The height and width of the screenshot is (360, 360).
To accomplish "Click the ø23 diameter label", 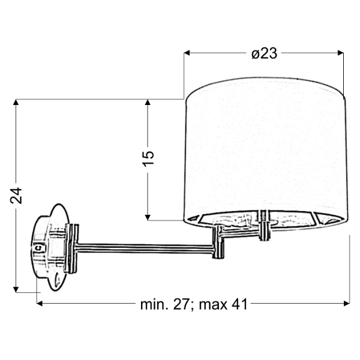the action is click(x=264, y=54).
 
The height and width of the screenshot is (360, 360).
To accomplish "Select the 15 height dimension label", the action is click(x=148, y=158).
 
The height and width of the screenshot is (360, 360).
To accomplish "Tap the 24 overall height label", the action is click(x=16, y=196).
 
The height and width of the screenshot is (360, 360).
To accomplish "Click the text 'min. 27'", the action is click(x=164, y=305).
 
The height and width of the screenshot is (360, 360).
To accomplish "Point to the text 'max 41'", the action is click(x=223, y=305).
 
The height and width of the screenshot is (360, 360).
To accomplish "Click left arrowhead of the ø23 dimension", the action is click(x=187, y=53).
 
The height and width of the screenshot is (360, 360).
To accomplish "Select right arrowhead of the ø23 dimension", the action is click(x=341, y=53).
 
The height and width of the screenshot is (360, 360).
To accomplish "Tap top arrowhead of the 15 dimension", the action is click(x=148, y=102).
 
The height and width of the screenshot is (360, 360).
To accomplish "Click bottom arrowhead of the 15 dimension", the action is click(x=148, y=217).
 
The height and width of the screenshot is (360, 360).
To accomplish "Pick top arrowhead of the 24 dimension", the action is click(x=16, y=102).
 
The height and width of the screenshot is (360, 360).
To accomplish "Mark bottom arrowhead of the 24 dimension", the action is click(x=16, y=290).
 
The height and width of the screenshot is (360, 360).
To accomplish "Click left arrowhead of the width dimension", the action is click(x=40, y=304).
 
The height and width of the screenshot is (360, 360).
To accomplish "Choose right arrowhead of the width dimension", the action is click(x=347, y=304).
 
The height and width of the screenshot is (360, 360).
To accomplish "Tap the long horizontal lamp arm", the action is click(x=145, y=249).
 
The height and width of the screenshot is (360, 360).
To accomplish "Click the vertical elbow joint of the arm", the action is click(x=218, y=242).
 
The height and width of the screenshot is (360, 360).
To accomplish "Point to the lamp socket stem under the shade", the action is click(x=265, y=226).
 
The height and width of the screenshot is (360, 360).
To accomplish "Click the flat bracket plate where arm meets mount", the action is click(x=71, y=248).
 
